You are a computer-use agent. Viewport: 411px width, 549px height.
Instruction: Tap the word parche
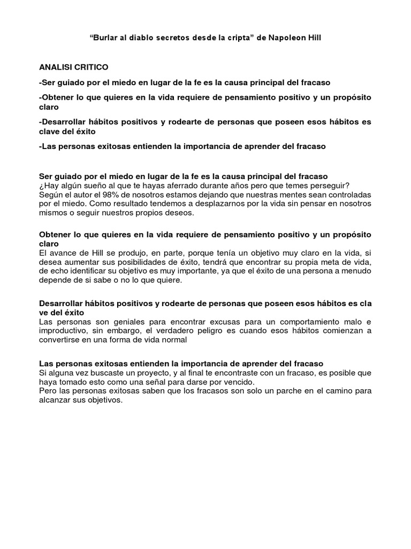pyautogui.click(x=273, y=391)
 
